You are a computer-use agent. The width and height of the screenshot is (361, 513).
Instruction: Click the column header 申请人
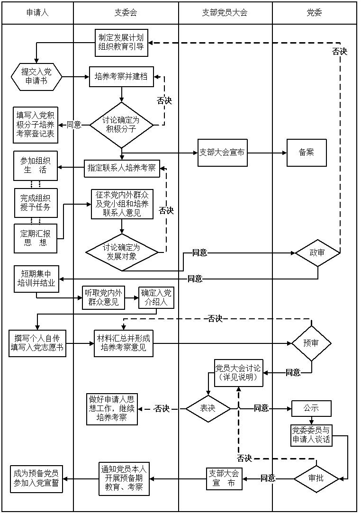(x=37, y=13)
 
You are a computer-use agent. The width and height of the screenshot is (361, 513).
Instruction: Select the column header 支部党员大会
(x=225, y=13)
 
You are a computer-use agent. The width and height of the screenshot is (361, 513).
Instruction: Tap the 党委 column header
(x=314, y=13)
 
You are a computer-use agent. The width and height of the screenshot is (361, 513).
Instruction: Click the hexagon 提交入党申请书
(x=36, y=76)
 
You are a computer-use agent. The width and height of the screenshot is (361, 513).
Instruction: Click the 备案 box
(x=307, y=153)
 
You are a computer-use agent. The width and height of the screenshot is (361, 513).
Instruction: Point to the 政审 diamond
(x=317, y=252)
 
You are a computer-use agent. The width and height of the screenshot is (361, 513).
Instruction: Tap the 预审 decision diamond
(x=311, y=343)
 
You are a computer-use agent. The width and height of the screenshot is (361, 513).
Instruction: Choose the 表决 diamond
(x=208, y=408)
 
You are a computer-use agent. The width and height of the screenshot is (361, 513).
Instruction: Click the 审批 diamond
(x=316, y=478)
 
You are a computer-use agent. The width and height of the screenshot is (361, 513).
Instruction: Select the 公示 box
(x=311, y=408)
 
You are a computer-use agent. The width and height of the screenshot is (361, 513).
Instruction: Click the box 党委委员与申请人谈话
(x=311, y=435)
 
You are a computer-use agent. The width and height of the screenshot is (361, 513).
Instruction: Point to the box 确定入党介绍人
(x=156, y=297)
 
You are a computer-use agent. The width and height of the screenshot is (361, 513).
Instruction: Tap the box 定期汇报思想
(x=36, y=238)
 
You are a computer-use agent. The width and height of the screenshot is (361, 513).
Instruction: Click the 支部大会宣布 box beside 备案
(x=223, y=153)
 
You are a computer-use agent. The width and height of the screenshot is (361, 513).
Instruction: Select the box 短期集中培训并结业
(x=36, y=279)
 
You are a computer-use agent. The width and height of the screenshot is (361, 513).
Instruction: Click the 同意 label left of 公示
(x=261, y=408)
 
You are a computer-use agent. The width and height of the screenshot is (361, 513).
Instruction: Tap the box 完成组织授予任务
(x=36, y=202)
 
